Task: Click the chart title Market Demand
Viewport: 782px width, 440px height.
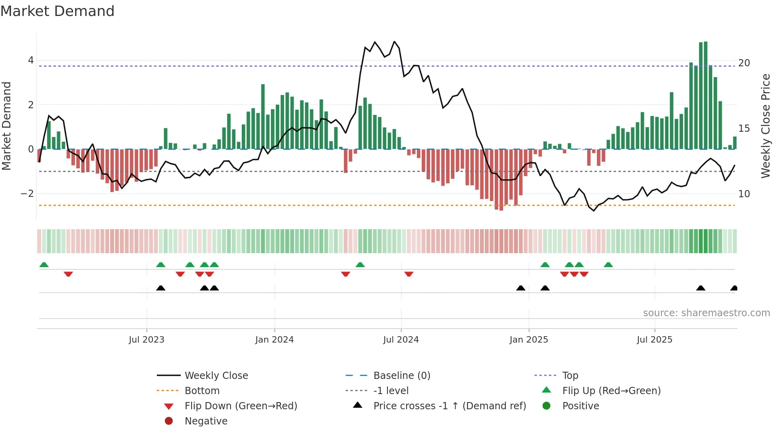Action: point(57,11)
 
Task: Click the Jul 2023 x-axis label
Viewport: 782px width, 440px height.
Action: point(146,340)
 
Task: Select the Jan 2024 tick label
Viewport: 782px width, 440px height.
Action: point(274,340)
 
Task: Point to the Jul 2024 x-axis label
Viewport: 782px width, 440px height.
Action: point(401,340)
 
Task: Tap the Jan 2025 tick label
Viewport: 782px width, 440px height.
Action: point(529,340)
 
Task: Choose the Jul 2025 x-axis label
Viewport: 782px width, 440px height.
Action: point(654,340)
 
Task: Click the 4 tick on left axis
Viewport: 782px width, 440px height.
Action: point(31,60)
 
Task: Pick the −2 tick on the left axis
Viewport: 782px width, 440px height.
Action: point(27,194)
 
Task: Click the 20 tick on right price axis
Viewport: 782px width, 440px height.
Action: point(744,63)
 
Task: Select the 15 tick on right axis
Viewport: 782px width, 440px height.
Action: point(744,129)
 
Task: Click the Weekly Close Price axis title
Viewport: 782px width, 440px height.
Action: point(765,126)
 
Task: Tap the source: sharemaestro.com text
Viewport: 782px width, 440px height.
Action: point(706,313)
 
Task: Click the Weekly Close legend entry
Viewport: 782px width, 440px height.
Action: point(216,376)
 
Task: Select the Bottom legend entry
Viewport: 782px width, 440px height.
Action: point(202,391)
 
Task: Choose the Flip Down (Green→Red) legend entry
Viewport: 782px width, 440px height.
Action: point(241,406)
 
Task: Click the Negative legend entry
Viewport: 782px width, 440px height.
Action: point(206,421)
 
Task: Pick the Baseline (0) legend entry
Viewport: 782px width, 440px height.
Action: point(402,376)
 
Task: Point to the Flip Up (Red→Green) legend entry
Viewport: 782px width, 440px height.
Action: point(611,391)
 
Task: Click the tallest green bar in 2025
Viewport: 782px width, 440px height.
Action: point(705,96)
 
